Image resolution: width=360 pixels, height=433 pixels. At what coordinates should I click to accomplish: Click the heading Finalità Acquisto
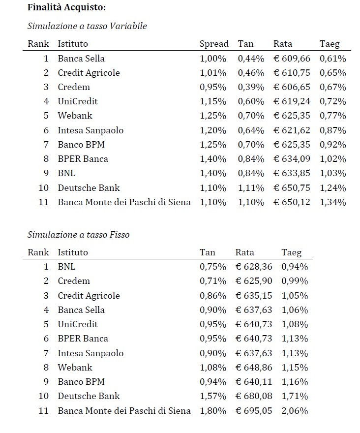point(66,8)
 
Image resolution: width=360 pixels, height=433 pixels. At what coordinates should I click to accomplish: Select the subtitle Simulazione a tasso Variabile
point(87,26)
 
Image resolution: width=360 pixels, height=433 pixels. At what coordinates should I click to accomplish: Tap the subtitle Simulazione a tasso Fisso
point(78,235)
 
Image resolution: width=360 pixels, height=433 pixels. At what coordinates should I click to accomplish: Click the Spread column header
point(214,44)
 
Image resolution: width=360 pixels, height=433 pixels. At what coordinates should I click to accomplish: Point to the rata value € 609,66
point(292,59)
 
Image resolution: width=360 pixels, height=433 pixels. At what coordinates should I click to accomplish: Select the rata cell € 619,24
point(292,101)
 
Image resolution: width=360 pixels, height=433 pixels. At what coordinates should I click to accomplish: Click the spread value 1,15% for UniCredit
point(213,101)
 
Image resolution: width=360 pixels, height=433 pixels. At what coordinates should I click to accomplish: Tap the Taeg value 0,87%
point(333,130)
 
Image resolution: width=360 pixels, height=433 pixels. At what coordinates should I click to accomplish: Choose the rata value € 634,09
point(292,159)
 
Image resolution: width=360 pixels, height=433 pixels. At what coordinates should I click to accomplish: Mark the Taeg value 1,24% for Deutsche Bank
point(333,187)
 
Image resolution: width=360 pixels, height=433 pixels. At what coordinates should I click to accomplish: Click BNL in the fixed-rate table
point(66,267)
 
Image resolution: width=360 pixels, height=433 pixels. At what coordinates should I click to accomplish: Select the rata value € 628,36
point(254,267)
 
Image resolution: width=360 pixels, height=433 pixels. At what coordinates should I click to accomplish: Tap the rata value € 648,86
point(254,368)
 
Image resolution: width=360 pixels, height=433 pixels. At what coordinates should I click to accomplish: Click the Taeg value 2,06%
point(295,411)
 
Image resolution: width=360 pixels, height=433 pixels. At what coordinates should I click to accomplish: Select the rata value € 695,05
point(254,411)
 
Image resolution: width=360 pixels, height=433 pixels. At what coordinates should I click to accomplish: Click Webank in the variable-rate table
point(75,116)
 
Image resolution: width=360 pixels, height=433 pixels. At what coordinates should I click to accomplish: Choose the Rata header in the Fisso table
point(245,252)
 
